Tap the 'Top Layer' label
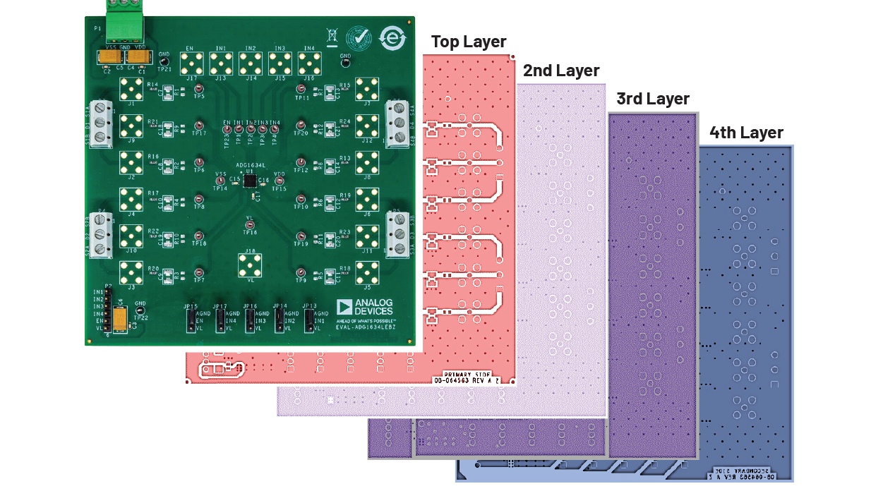(469, 42)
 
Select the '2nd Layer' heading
(560, 71)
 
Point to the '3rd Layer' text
(652, 99)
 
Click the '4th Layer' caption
(746, 133)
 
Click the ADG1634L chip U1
(249, 181)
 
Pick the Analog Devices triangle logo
(344, 307)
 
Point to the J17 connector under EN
(191, 64)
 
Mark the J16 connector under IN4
(309, 64)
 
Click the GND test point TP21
(164, 61)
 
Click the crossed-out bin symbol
(332, 35)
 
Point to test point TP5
(200, 89)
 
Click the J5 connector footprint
(367, 272)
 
